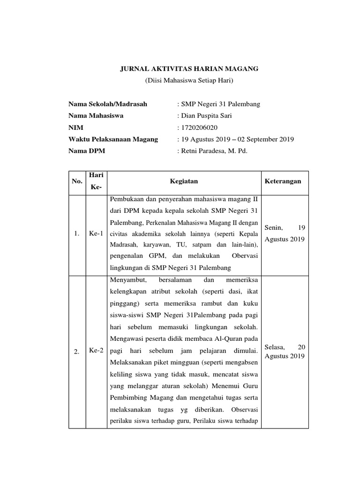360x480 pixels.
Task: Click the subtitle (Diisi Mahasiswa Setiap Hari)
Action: point(189,81)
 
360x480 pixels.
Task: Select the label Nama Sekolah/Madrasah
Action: point(108,104)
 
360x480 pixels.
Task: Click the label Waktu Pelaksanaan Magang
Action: point(113,139)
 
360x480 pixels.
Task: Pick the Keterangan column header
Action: point(283,181)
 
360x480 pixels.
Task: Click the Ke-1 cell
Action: point(96,233)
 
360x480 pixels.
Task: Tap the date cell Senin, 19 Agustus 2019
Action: point(285,233)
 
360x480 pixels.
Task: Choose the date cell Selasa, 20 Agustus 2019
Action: point(285,352)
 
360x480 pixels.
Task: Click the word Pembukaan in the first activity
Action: point(126,200)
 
